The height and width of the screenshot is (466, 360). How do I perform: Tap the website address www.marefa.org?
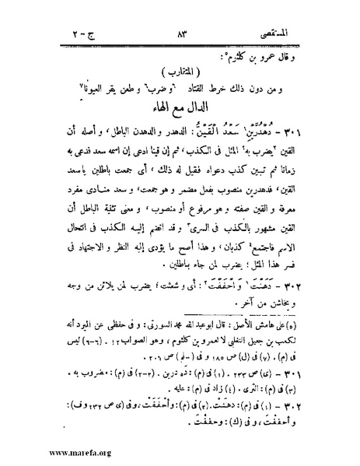pos(47,450)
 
